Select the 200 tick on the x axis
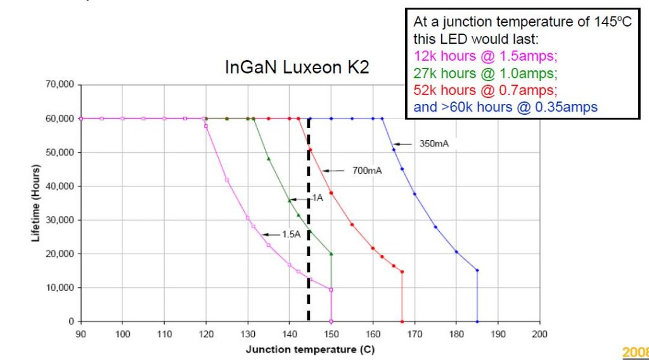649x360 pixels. (539, 333)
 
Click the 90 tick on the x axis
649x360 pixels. (80, 333)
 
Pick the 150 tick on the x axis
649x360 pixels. (331, 333)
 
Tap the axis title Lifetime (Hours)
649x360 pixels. (36, 203)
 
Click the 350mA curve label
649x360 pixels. (434, 144)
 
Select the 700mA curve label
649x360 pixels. (367, 170)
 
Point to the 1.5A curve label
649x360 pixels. (291, 235)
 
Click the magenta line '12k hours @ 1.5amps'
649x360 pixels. (485, 56)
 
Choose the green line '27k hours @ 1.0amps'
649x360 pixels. (485, 73)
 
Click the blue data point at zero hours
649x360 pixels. (477, 321)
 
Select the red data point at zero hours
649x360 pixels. (402, 321)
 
